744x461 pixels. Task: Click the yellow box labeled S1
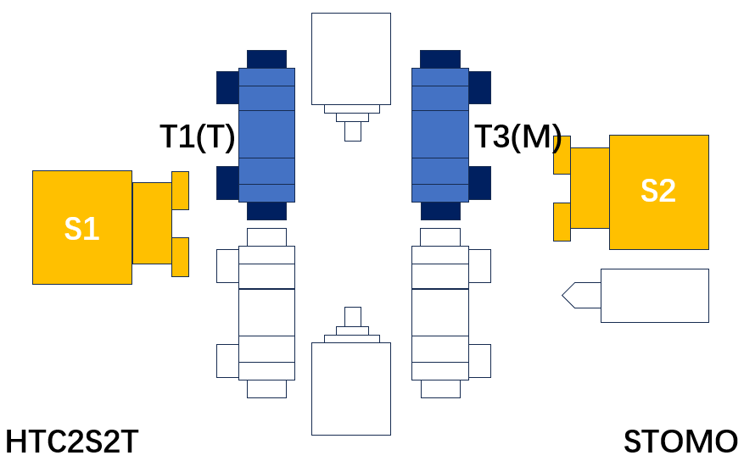(x=82, y=227)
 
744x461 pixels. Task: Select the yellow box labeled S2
(x=659, y=192)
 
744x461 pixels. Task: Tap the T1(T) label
(x=198, y=137)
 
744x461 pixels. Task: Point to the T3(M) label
(x=518, y=137)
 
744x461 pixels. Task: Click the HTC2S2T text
(x=71, y=442)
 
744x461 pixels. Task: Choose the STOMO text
(x=680, y=442)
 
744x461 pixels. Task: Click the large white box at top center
(x=351, y=58)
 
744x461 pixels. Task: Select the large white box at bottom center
(x=351, y=388)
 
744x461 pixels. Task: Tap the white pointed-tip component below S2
(x=635, y=296)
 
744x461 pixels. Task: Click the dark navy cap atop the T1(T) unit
(x=266, y=59)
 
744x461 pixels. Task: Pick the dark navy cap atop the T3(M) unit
(x=440, y=59)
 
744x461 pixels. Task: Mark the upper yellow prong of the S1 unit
(x=181, y=191)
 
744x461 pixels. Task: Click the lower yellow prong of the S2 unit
(x=562, y=222)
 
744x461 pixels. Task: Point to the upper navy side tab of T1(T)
(x=227, y=87)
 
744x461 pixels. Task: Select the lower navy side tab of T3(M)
(x=479, y=183)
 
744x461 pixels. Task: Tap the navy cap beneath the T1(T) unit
(x=266, y=211)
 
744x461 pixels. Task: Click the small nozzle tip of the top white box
(x=353, y=131)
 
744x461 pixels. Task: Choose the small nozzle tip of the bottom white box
(x=353, y=317)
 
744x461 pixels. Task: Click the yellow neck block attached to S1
(x=152, y=223)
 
